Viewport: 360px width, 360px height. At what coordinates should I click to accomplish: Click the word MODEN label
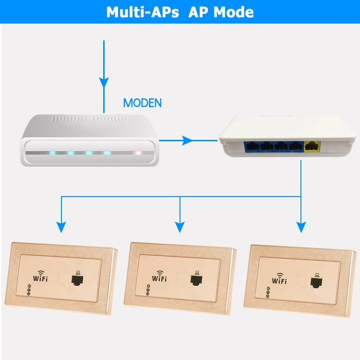pos(143,103)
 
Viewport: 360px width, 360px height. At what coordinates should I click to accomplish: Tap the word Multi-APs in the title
pos(143,12)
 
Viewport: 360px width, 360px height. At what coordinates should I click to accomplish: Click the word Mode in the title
pos(233,12)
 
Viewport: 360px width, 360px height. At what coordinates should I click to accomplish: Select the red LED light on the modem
pos(138,153)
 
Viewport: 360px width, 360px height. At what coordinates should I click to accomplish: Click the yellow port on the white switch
pos(312,147)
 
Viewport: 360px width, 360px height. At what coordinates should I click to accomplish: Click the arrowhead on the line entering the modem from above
pos(104,83)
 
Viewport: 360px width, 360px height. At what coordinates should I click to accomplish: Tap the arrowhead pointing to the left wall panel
pos(61,227)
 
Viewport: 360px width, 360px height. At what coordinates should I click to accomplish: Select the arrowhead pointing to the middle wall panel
pos(180,227)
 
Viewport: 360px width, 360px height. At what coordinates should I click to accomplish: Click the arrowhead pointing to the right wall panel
pos(301,227)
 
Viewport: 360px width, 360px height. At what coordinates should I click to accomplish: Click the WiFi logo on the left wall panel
pos(40,276)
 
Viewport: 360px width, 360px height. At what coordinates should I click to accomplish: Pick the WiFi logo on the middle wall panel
pos(159,276)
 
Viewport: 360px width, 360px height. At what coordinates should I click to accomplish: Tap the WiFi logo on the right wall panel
pos(279,278)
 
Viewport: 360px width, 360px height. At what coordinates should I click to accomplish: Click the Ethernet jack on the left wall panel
pos(77,278)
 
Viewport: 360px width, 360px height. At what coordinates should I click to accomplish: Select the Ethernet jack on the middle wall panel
pos(196,278)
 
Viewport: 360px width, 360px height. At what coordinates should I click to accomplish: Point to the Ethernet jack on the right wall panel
pos(316,281)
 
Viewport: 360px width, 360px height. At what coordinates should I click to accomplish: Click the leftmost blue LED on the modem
pos(53,153)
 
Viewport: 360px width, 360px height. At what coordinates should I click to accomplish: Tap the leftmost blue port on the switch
pos(252,147)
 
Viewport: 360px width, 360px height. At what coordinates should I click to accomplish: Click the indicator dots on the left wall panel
pos(29,290)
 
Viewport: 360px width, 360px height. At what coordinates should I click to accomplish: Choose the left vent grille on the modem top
pos(69,119)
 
